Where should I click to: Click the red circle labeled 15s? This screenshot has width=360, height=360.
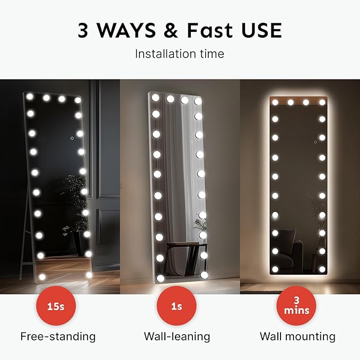56,306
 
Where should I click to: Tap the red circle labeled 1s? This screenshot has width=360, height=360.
177,306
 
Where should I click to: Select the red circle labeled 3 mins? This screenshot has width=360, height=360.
297,306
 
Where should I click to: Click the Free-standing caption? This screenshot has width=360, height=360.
58,336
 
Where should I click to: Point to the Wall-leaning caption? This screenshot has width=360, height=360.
177,336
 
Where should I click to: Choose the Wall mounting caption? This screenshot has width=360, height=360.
297,336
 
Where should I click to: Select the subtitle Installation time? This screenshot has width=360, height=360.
179,54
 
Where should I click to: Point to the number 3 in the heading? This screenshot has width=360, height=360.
84,30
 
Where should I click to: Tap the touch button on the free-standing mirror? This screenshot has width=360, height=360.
72,139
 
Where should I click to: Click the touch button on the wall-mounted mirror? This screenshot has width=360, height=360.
315,142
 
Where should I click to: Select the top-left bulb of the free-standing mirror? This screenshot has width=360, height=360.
30,97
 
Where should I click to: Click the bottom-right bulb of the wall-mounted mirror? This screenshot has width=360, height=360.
322,269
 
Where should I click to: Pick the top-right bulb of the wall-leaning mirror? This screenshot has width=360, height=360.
198,101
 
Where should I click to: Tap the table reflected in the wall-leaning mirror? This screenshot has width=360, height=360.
183,252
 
